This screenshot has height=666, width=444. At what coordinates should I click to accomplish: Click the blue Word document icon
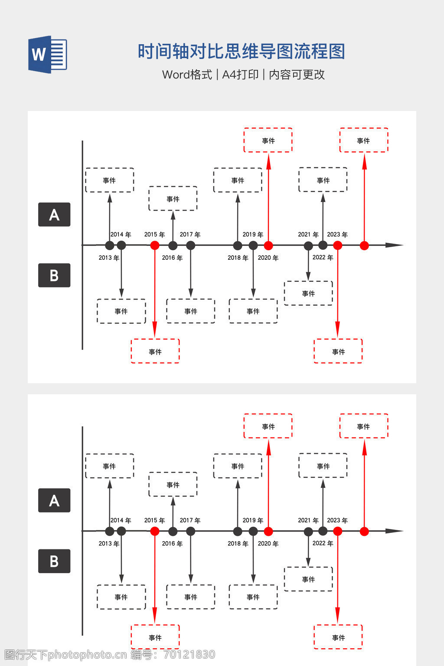pyautogui.click(x=48, y=55)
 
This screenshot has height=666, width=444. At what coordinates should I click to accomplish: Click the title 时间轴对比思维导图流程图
pyautogui.click(x=241, y=52)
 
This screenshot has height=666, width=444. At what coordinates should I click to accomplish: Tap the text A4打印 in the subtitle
pyautogui.click(x=240, y=75)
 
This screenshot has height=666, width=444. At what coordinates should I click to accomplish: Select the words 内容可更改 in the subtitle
pyautogui.click(x=297, y=75)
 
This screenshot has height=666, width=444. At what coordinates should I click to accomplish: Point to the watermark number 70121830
pyautogui.click(x=189, y=654)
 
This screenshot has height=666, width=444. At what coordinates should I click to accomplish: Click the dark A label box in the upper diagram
pyautogui.click(x=54, y=215)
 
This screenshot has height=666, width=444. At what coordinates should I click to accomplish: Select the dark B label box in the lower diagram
pyautogui.click(x=54, y=561)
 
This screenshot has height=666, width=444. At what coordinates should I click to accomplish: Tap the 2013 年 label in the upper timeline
pyautogui.click(x=108, y=258)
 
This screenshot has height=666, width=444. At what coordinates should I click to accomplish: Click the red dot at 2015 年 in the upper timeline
pyautogui.click(x=155, y=245)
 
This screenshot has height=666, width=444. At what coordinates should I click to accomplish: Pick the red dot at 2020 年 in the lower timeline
pyautogui.click(x=268, y=531)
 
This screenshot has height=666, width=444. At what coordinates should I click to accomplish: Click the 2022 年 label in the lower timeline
pyautogui.click(x=323, y=543)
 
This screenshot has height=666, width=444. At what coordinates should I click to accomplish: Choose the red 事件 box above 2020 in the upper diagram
pyautogui.click(x=268, y=140)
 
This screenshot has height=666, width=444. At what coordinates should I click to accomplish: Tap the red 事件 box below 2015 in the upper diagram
pyautogui.click(x=155, y=351)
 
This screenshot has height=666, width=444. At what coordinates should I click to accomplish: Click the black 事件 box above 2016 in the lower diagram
pyautogui.click(x=173, y=485)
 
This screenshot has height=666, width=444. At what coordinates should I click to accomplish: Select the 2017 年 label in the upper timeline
pyautogui.click(x=190, y=235)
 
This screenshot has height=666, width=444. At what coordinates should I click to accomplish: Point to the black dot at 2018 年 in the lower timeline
pyautogui.click(x=238, y=531)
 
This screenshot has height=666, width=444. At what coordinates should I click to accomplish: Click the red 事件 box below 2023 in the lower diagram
pyautogui.click(x=338, y=637)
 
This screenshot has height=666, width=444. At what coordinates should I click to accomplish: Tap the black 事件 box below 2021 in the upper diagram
pyautogui.click(x=308, y=294)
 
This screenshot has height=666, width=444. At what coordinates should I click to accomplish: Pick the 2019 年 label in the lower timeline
pyautogui.click(x=253, y=520)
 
